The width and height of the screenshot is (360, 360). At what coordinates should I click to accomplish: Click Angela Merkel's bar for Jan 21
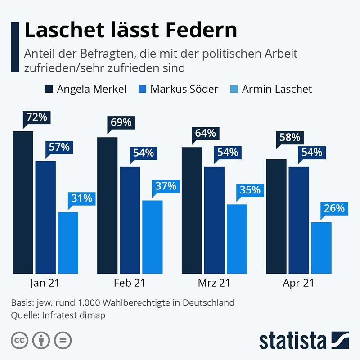[23, 202]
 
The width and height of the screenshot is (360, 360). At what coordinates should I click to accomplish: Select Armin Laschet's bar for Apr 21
[321, 247]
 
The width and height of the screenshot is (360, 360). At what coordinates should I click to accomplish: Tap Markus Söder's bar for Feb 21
[130, 220]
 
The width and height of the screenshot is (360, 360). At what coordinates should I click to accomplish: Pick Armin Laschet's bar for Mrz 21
[237, 239]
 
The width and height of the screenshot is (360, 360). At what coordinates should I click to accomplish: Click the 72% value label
[37, 117]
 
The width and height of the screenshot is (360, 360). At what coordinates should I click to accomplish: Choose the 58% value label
[289, 138]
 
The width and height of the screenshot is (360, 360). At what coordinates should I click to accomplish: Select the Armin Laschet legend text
[277, 89]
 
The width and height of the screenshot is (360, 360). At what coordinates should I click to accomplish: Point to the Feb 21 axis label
[130, 283]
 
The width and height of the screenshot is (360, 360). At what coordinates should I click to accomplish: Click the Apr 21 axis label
[298, 283]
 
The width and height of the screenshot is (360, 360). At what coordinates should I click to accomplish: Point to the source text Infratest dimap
[74, 315]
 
